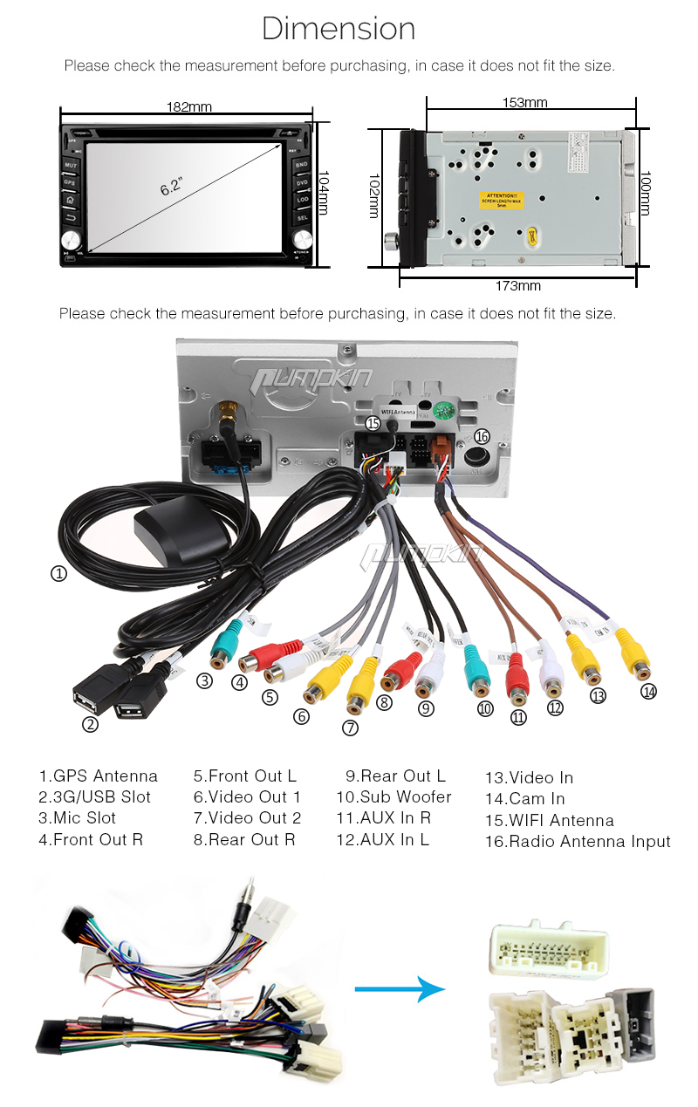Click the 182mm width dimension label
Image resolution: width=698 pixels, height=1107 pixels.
tap(189, 107)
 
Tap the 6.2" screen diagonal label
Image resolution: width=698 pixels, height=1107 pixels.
tap(171, 187)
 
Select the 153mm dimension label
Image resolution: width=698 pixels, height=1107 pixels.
tap(524, 103)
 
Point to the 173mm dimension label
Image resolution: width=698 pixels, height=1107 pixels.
tap(517, 285)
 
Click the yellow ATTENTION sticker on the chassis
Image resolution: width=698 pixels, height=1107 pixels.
tap(498, 200)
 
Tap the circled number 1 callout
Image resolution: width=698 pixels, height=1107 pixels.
tap(58, 574)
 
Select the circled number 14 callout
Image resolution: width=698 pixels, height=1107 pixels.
tap(647, 692)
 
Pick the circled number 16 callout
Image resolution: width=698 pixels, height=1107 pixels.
tap(482, 436)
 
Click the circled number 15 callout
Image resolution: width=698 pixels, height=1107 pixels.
tap(373, 425)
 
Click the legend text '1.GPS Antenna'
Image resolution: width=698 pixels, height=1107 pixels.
tap(98, 776)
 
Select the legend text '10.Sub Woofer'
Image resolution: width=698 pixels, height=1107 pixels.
tap(393, 797)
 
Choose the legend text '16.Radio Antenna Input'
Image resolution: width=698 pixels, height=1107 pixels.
tap(578, 842)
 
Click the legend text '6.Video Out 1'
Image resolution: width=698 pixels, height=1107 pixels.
tap(247, 797)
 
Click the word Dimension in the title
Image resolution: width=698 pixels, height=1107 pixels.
tap(339, 29)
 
